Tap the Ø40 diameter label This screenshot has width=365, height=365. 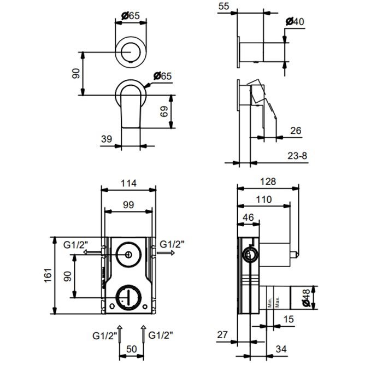[296, 22]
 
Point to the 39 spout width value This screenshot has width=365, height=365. [107, 139]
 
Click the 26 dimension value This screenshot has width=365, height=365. [296, 131]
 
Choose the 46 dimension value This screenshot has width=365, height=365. [249, 217]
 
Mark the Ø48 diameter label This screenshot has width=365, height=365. [308, 298]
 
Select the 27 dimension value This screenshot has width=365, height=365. [223, 334]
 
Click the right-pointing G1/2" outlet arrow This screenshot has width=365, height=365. [165, 254]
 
